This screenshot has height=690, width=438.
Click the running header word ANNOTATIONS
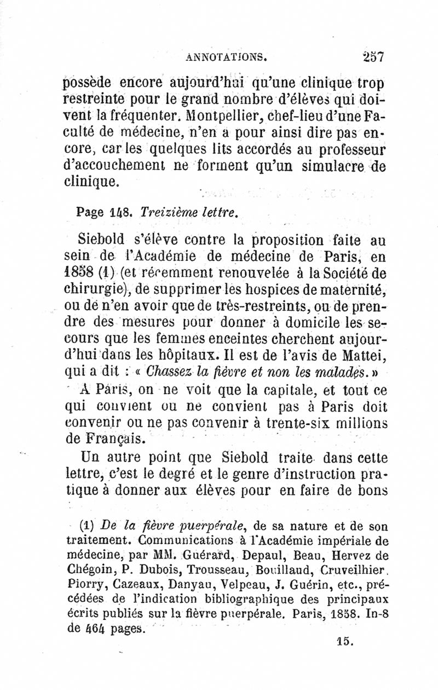tap(226, 56)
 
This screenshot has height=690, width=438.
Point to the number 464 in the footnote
tap(96, 629)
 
